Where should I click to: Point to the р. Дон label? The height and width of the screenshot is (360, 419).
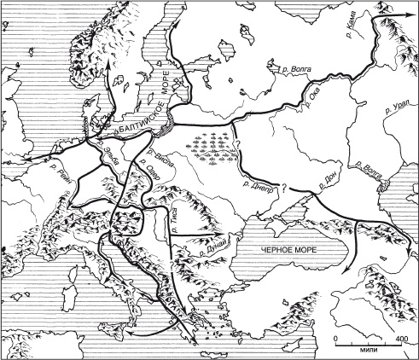tap(329, 181)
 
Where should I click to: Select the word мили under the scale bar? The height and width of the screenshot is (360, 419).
tap(369, 349)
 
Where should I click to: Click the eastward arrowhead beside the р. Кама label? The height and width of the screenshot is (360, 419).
tap(404, 20)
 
